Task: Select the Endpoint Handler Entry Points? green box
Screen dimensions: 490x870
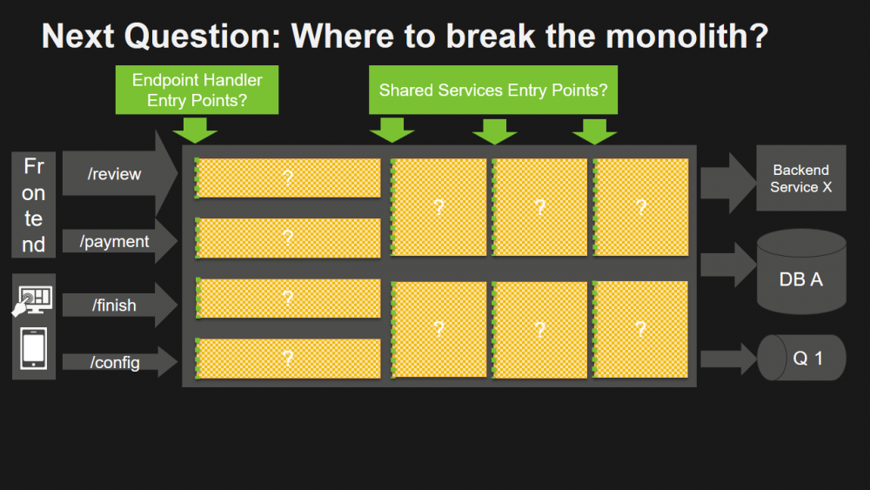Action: pyautogui.click(x=197, y=90)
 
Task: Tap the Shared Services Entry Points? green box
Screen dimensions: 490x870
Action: pyautogui.click(x=492, y=90)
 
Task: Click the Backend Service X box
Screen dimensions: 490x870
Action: pyautogui.click(x=800, y=178)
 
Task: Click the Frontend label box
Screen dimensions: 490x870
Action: pyautogui.click(x=34, y=205)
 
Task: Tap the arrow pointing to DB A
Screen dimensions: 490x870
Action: pyautogui.click(x=727, y=265)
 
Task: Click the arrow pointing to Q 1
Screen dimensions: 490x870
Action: pyautogui.click(x=727, y=358)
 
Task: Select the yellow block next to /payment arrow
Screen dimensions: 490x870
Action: pyautogui.click(x=288, y=238)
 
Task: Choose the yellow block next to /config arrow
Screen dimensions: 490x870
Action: pyautogui.click(x=288, y=359)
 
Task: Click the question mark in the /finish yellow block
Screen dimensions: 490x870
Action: pyautogui.click(x=288, y=299)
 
